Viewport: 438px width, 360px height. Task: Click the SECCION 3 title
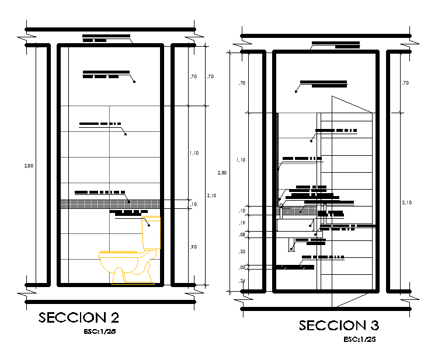(x=339, y=326)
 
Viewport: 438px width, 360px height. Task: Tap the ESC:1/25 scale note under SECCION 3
(x=359, y=339)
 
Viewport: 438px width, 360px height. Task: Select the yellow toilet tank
(x=152, y=232)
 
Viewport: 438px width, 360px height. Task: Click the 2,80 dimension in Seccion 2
(x=29, y=166)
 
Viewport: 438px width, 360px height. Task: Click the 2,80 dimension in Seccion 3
(x=221, y=173)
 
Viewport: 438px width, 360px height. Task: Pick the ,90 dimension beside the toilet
(x=193, y=247)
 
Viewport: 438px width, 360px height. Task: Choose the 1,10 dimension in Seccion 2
(x=194, y=153)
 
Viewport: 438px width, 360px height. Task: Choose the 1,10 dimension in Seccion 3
(x=241, y=159)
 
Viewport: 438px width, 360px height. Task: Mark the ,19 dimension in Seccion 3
(x=242, y=223)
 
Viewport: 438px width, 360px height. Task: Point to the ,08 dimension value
(x=242, y=235)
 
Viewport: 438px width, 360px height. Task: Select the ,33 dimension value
(x=242, y=251)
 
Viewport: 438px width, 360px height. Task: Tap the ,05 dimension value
(x=242, y=267)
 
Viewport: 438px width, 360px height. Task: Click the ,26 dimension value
(x=242, y=281)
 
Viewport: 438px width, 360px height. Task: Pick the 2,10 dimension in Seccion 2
(x=211, y=195)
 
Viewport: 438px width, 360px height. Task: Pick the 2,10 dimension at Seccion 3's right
(x=406, y=202)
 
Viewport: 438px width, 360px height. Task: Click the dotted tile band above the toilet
(x=110, y=204)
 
